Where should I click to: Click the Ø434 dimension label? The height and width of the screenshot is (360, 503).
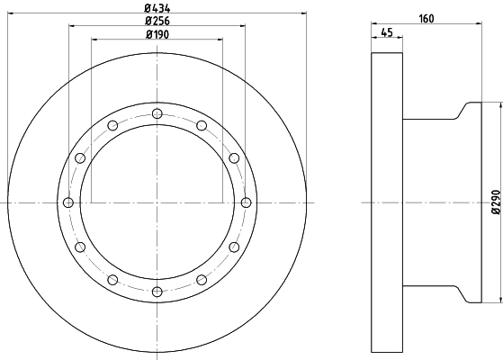[157, 7]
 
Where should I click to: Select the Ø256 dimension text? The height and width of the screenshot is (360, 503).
[157, 21]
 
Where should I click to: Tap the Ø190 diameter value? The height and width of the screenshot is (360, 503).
[157, 34]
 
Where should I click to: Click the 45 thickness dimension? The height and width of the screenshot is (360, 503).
[386, 33]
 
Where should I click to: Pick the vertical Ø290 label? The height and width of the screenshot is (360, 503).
[494, 202]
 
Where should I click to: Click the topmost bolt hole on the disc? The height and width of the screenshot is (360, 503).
[157, 113]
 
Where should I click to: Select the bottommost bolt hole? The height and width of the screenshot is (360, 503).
[157, 292]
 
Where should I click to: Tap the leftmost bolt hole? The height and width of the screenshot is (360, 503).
[67, 202]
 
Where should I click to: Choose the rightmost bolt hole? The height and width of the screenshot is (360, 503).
[246, 202]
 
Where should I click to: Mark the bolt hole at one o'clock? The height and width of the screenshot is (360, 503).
[202, 125]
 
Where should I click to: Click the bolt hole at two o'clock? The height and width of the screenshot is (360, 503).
[234, 158]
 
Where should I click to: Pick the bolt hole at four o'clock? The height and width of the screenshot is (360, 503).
[234, 247]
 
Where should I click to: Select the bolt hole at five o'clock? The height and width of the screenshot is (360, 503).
[202, 280]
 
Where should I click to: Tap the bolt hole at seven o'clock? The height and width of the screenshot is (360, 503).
[112, 280]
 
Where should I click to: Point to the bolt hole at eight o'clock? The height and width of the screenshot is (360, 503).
[80, 247]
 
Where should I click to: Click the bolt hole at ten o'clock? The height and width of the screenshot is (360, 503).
[80, 158]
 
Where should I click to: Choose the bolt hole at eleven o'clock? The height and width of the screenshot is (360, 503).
[112, 125]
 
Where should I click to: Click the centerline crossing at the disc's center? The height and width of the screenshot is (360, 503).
[157, 202]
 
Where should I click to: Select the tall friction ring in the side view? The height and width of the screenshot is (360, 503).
[386, 202]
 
